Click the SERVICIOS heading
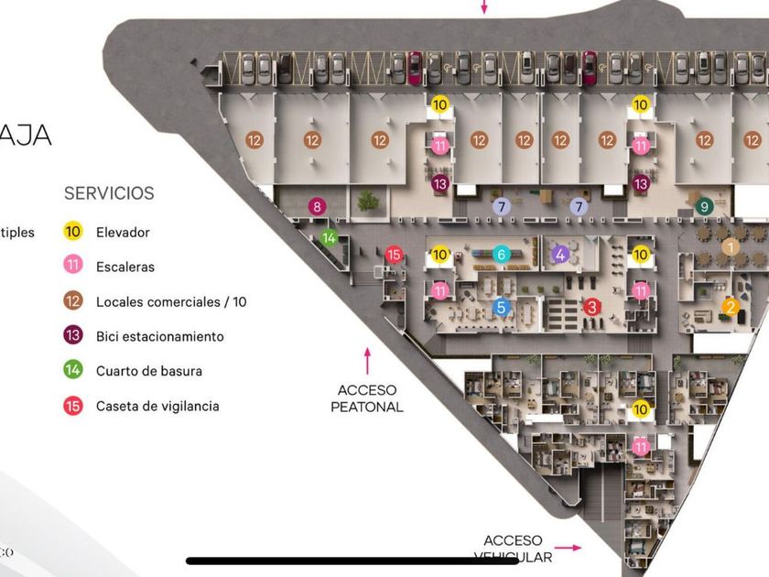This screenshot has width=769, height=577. [109, 193]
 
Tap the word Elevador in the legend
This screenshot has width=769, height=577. [123, 233]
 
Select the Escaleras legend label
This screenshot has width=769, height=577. [125, 267]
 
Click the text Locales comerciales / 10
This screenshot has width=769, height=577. [171, 302]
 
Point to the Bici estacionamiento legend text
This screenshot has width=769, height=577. [160, 336]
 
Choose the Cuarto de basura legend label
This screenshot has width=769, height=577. [149, 371]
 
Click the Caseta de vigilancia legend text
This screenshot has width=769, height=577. [157, 406]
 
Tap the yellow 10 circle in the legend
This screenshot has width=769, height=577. [74, 233]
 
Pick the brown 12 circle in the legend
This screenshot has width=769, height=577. [74, 302]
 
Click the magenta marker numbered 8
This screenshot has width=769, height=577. [317, 207]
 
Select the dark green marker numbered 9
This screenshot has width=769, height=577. [704, 207]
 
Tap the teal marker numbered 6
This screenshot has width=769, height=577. [501, 254]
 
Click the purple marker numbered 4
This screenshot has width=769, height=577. [560, 254]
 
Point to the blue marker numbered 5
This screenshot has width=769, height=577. [501, 308]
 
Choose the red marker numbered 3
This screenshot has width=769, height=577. [592, 308]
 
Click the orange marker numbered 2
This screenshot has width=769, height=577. [731, 307]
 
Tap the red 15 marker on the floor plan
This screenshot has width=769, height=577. [394, 254]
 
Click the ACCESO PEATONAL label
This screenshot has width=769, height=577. [367, 398]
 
